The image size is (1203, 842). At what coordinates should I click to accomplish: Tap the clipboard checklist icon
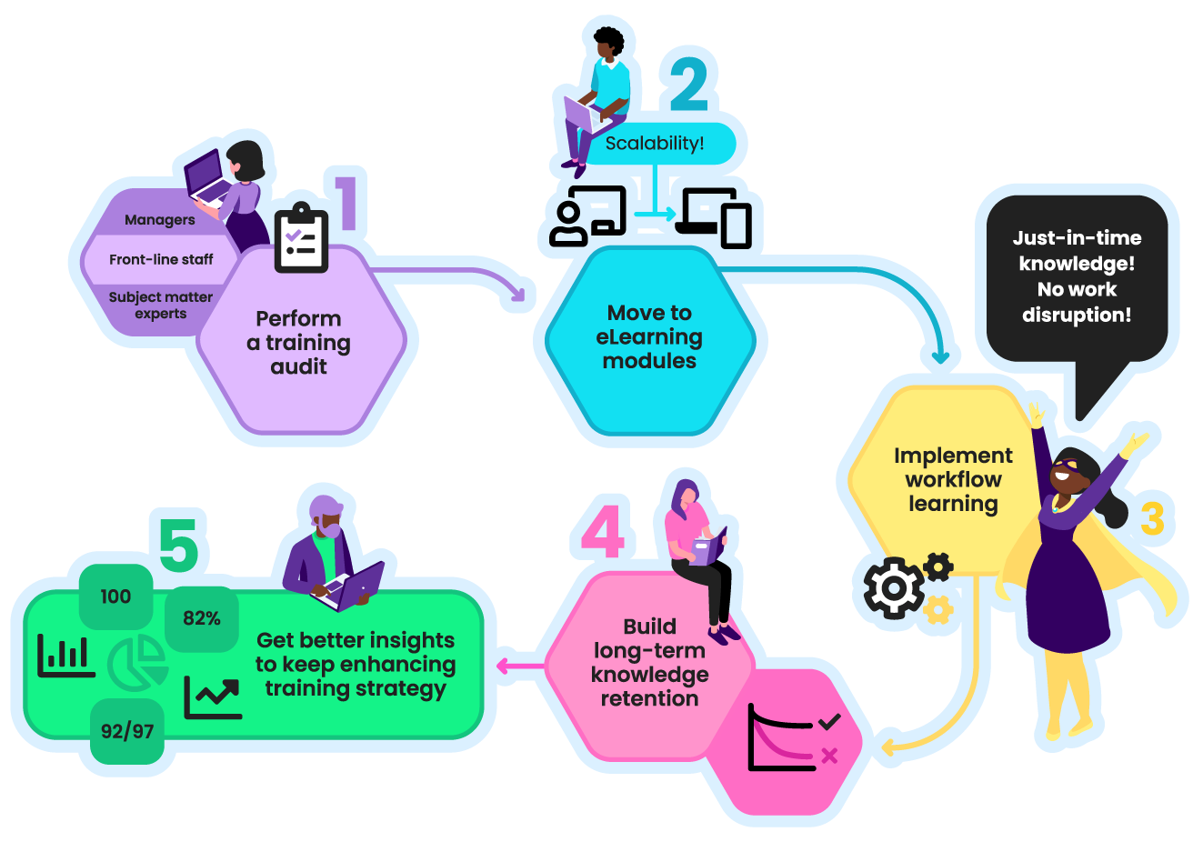tap(301, 239)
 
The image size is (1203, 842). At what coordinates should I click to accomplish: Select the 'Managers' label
tap(159, 220)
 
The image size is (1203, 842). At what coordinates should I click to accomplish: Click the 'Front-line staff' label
tap(161, 260)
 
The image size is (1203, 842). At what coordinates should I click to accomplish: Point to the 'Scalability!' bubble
tap(655, 144)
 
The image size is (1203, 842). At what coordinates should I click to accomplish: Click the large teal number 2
tap(688, 84)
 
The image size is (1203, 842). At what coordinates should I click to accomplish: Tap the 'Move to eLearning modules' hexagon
tap(649, 337)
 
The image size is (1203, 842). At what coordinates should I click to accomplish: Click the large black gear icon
tap(892, 588)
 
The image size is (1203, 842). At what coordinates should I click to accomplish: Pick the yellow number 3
tap(1151, 519)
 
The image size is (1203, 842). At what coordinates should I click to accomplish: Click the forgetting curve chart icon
tap(782, 737)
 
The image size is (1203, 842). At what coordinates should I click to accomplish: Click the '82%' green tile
tap(202, 619)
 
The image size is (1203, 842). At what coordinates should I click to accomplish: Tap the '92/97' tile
tap(127, 731)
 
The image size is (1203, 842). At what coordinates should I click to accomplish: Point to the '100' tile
tap(115, 596)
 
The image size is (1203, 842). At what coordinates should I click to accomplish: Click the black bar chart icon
tap(65, 655)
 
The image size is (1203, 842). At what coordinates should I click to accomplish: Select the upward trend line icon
tap(213, 698)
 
